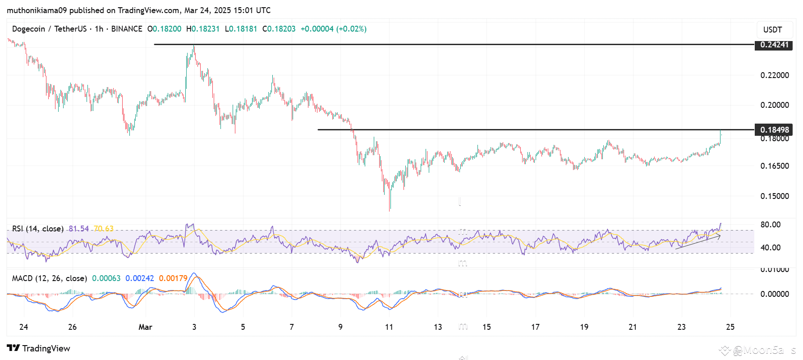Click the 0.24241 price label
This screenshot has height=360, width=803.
pyautogui.click(x=774, y=45)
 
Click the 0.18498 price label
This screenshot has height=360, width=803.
pyautogui.click(x=774, y=130)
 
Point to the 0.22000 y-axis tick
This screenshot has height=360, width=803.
pyautogui.click(x=775, y=75)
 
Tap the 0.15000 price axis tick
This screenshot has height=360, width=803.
pyautogui.click(x=775, y=196)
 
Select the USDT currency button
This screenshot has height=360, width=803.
pyautogui.click(x=772, y=30)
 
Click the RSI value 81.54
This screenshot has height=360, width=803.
pyautogui.click(x=79, y=229)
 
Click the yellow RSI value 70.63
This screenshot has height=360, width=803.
pyautogui.click(x=104, y=229)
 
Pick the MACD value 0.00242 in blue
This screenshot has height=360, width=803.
pyautogui.click(x=139, y=278)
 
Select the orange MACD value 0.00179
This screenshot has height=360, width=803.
pyautogui.click(x=173, y=278)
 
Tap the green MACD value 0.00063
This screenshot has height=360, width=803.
pyautogui.click(x=106, y=278)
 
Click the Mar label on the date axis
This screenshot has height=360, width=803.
pyautogui.click(x=145, y=327)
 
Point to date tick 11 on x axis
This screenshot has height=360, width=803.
pyautogui.click(x=389, y=327)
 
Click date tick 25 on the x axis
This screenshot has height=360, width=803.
pyautogui.click(x=730, y=327)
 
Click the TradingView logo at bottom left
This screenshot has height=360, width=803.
pyautogui.click(x=39, y=348)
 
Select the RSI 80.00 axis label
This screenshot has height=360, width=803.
pyautogui.click(x=770, y=225)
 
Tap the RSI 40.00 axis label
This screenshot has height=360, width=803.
pyautogui.click(x=770, y=248)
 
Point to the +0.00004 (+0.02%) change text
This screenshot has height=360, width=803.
pyautogui.click(x=334, y=29)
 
